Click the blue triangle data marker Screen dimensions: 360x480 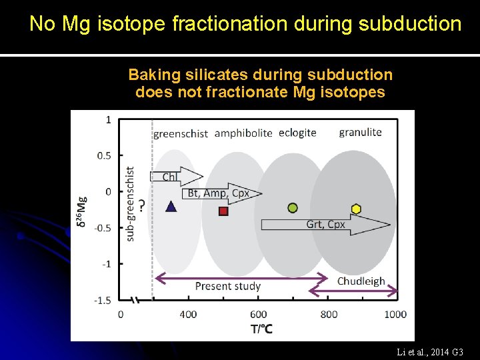(x=171, y=207)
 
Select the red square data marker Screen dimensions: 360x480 (x=223, y=211)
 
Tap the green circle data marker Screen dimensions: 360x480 (x=292, y=208)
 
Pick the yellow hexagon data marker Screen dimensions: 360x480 (x=356, y=209)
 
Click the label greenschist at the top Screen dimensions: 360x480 (x=181, y=133)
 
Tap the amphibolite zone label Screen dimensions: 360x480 (x=243, y=133)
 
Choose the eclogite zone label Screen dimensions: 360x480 (x=297, y=133)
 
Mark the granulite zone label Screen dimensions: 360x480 (x=360, y=132)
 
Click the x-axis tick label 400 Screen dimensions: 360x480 (x=189, y=314)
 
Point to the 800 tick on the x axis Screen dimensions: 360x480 (x=329, y=314)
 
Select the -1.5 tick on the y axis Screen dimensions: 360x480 (x=102, y=300)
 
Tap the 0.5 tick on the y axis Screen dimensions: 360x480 (x=104, y=155)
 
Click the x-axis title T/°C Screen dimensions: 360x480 (x=261, y=329)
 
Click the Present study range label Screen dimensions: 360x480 (x=227, y=287)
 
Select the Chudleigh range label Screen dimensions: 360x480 (x=361, y=281)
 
